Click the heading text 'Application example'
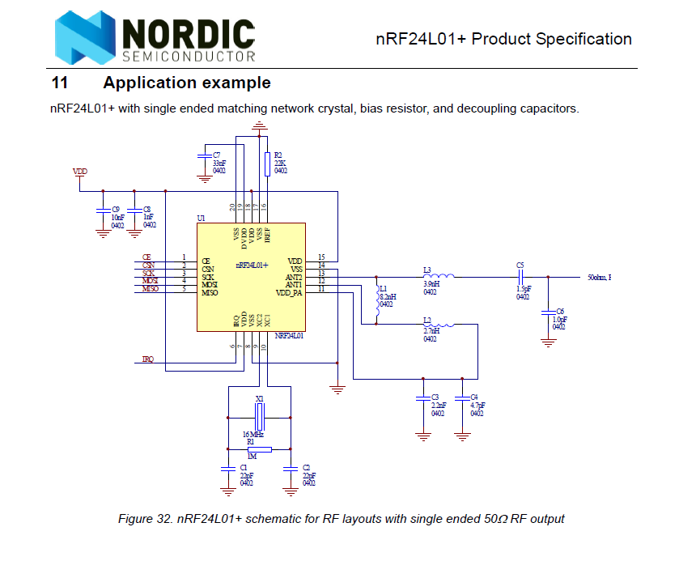[187, 83]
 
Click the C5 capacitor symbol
[522, 276]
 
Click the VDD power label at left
[80, 172]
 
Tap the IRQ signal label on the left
[147, 359]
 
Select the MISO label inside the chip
[209, 291]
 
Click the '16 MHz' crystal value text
[253, 435]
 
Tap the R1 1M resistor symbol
[259, 449]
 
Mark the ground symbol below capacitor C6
[549, 342]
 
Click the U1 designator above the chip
[202, 219]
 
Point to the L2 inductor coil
[439, 325]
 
